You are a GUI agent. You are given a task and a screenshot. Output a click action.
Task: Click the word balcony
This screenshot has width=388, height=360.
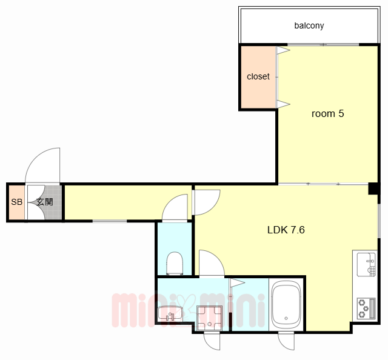[x=309, y=25]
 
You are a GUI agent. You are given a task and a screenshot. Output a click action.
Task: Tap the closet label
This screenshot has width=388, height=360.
[x=258, y=76]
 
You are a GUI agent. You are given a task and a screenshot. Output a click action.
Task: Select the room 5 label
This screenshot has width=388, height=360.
[x=327, y=113]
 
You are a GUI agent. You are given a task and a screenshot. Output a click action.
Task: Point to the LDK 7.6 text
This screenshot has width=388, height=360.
[x=286, y=230]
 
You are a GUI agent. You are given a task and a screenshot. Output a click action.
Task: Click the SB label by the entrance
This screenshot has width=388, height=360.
[x=17, y=202]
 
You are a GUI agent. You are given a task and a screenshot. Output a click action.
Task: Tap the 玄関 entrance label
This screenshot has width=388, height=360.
[x=45, y=202]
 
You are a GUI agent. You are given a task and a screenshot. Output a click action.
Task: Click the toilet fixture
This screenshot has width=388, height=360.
[x=175, y=263]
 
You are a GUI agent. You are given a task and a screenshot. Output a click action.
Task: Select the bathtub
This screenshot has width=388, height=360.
[x=286, y=305]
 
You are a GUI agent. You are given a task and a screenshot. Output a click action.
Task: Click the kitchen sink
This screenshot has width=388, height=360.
[x=366, y=264]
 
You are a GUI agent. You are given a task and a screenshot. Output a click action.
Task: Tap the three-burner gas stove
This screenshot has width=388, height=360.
[x=366, y=308]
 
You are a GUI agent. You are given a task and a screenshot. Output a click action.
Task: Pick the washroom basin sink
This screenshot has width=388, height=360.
[x=170, y=314]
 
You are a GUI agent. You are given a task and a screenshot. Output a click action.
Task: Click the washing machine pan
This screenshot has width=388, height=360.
[x=209, y=318]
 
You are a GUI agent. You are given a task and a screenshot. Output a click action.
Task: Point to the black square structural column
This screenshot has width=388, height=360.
[x=373, y=188]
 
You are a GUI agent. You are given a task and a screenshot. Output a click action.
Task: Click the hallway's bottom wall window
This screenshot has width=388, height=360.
[x=110, y=221]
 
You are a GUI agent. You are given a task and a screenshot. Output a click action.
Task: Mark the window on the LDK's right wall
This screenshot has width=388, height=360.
[x=378, y=221]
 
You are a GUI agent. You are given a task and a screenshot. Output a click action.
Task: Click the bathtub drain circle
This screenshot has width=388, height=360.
[x=286, y=318]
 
